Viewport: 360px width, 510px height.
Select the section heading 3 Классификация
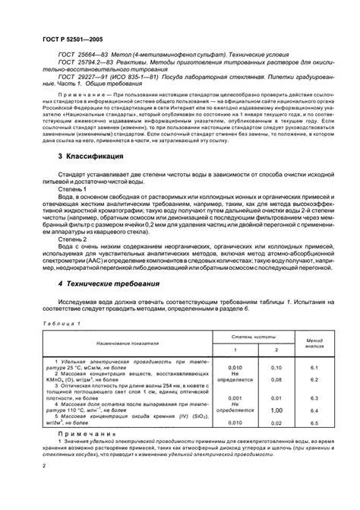pos(90,176)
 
